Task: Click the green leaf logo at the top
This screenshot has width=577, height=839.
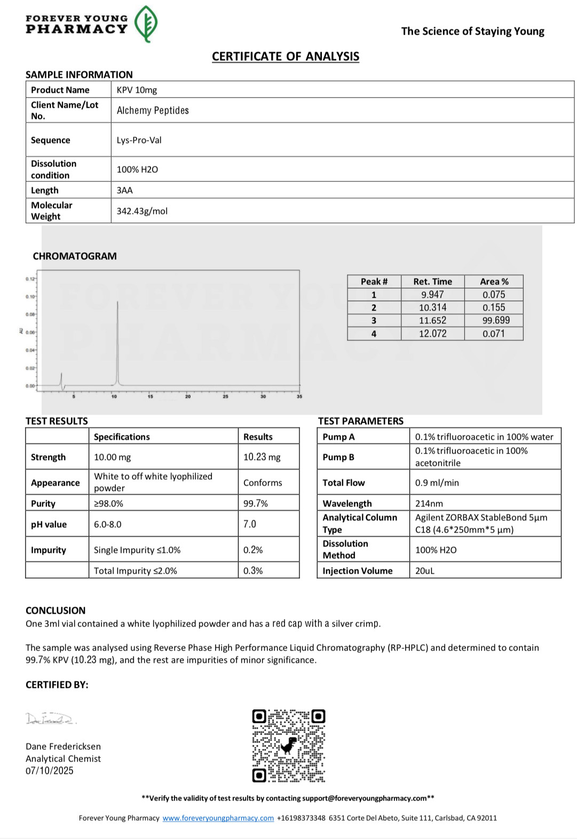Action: point(146,24)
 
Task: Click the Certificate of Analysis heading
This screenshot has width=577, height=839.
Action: point(286,57)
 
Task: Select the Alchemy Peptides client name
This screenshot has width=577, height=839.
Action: point(153,110)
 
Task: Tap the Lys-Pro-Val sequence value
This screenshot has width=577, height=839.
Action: point(139,140)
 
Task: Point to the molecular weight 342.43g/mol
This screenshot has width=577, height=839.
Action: point(142,211)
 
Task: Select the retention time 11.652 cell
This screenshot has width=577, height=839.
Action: point(432,320)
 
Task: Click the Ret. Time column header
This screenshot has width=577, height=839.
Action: point(432,281)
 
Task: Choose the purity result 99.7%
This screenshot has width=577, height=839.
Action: point(256,503)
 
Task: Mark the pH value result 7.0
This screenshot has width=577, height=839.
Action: point(250,524)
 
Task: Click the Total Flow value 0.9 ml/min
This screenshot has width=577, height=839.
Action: point(437,482)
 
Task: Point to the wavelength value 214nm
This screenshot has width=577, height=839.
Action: point(429,503)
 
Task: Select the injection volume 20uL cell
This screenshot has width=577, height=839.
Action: point(425,571)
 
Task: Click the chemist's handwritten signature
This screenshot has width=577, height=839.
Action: point(51,719)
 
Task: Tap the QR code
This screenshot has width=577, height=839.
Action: point(289,746)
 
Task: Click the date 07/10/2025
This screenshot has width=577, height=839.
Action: point(50,771)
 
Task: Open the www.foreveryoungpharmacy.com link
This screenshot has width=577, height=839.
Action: point(218,818)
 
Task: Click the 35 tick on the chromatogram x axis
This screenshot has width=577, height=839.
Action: point(299,396)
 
